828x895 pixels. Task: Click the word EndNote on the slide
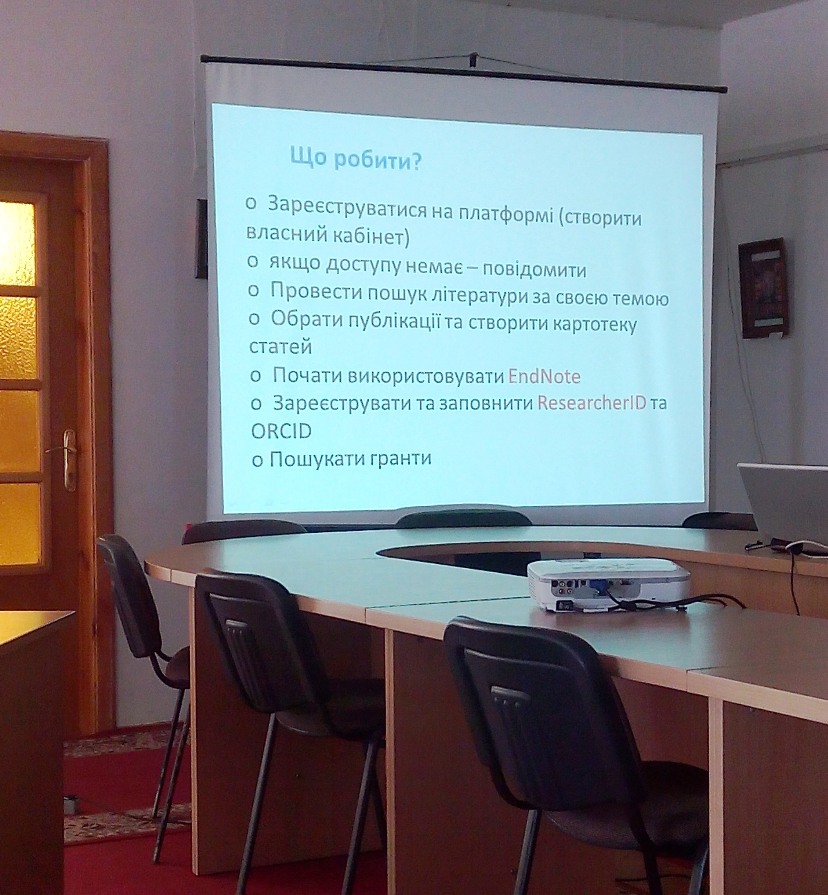point(545,377)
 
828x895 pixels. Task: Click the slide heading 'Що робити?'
point(356,158)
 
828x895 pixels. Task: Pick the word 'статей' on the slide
point(280,346)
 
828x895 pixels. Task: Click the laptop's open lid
point(784,502)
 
